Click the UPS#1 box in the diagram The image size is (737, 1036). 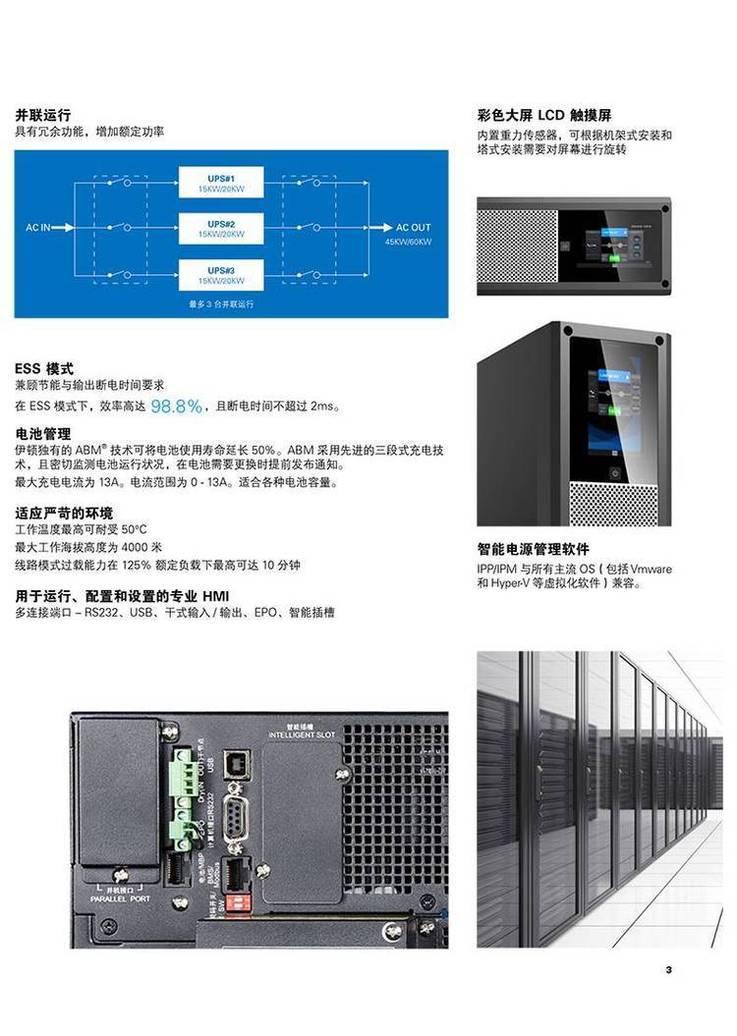221,182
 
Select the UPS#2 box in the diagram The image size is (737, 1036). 221,229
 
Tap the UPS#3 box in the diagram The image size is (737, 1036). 221,275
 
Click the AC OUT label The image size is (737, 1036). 413,228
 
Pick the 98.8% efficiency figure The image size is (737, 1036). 177,406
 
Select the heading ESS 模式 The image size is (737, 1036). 44,368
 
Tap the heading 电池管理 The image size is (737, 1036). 42,433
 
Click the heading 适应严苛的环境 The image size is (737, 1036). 64,513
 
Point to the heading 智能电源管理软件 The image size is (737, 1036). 534,550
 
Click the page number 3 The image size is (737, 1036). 668,970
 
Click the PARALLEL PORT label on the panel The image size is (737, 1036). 120,898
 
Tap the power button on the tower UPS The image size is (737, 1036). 616,472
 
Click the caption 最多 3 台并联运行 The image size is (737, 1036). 221,304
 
